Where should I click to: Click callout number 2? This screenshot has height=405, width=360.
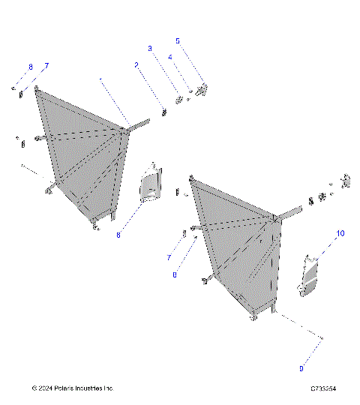136,65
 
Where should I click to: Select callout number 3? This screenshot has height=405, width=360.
149,48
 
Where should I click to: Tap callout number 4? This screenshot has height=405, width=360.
170,56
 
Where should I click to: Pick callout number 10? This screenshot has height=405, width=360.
340,234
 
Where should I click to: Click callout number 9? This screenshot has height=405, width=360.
301,368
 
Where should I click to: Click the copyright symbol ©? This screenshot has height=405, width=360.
34,388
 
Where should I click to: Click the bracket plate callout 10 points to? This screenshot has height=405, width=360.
310,275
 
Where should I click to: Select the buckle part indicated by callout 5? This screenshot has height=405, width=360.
202,89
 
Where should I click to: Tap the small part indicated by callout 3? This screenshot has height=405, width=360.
179,99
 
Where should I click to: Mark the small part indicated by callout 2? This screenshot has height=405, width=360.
163,112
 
